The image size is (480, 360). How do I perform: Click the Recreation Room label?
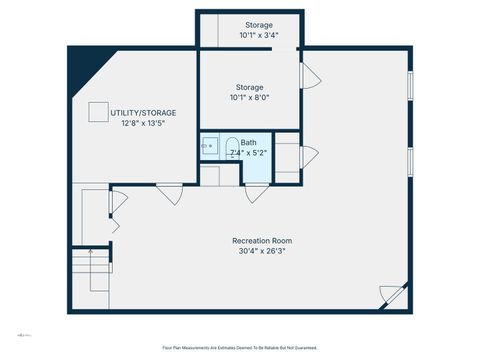tap(262, 241)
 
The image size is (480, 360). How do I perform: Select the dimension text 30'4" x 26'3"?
tap(262, 252)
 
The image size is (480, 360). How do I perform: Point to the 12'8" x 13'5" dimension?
tap(142, 124)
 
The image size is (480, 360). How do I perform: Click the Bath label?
tap(247, 143)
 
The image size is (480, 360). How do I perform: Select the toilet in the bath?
tap(231, 148)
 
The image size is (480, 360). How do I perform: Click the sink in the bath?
tap(209, 146)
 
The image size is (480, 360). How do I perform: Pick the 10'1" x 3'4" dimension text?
tap(258, 35)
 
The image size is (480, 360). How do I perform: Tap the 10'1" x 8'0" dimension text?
tap(251, 97)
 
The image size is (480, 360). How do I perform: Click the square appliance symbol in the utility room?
tap(98, 112)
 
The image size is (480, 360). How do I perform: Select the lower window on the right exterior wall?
tap(410, 160)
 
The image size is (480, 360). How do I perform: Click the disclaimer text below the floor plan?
tap(239, 347)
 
